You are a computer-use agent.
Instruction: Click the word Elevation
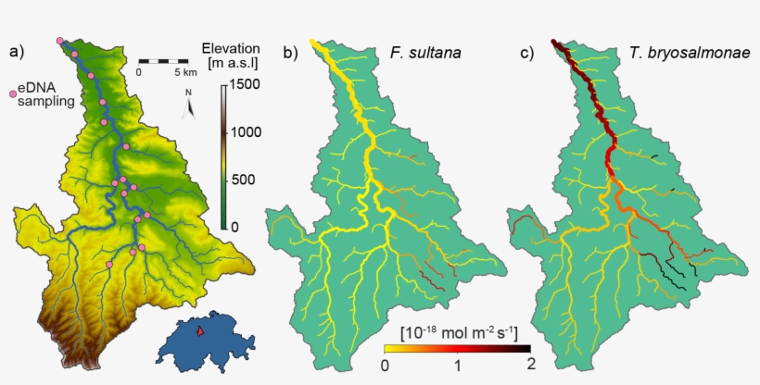tap(230, 48)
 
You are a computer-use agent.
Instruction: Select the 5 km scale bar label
tap(184, 71)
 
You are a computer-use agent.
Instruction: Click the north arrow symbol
tap(190, 105)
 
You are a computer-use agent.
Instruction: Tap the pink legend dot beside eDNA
tap(12, 93)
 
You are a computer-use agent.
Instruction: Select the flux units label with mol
tap(458, 331)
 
